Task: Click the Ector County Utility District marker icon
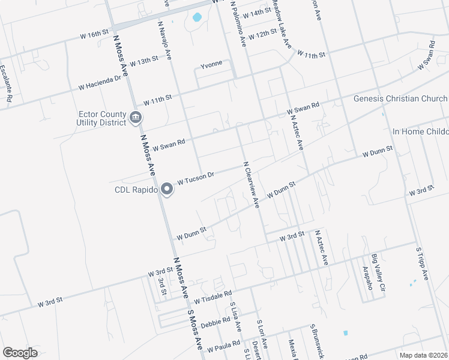tap(136, 118)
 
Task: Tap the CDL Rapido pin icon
tap(167, 190)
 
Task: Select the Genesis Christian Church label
tap(400, 99)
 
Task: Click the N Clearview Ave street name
tap(251, 184)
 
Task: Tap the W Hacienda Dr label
tap(100, 83)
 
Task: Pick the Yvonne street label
tap(211, 63)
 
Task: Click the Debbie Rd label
tap(215, 322)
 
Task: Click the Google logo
tap(20, 353)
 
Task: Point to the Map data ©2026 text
tap(423, 355)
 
